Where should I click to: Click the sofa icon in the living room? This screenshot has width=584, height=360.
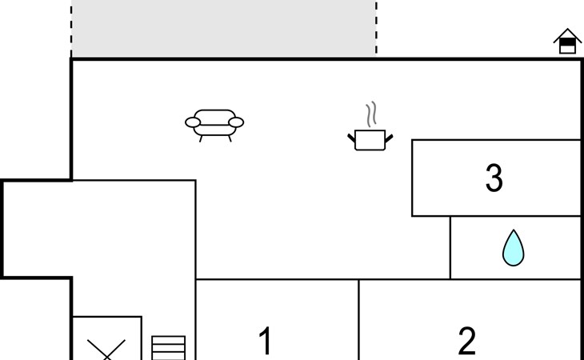pyautogui.click(x=214, y=126)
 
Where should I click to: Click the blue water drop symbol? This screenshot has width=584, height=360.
pyautogui.click(x=514, y=248)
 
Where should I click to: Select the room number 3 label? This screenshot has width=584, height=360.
pyautogui.click(x=494, y=178)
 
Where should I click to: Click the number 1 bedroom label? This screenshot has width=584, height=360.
pyautogui.click(x=265, y=341)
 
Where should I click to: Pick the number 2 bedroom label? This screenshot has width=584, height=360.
pyautogui.click(x=466, y=341)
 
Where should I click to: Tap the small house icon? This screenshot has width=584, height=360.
pyautogui.click(x=567, y=41)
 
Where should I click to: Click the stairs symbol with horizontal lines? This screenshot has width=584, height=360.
pyautogui.click(x=168, y=348)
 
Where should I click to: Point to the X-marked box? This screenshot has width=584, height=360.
pyautogui.click(x=106, y=338)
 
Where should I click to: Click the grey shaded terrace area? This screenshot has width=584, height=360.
pyautogui.click(x=224, y=28)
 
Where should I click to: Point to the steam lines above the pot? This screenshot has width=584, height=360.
pyautogui.click(x=371, y=114)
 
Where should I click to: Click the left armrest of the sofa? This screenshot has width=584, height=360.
pyautogui.click(x=193, y=122)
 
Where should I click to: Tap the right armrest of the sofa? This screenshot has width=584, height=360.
pyautogui.click(x=236, y=122)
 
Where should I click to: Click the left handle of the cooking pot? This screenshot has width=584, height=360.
pyautogui.click(x=351, y=138)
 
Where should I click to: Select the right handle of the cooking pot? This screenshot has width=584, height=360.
pyautogui.click(x=389, y=138)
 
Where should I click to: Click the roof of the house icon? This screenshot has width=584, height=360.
pyautogui.click(x=567, y=34)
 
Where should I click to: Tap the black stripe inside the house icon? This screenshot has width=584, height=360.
pyautogui.click(x=567, y=42)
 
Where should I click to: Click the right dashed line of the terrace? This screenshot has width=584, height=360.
pyautogui.click(x=376, y=28)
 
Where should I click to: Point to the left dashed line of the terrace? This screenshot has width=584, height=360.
pyautogui.click(x=71, y=30)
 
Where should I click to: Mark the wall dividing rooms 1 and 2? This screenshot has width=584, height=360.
pyautogui.click(x=358, y=319)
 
